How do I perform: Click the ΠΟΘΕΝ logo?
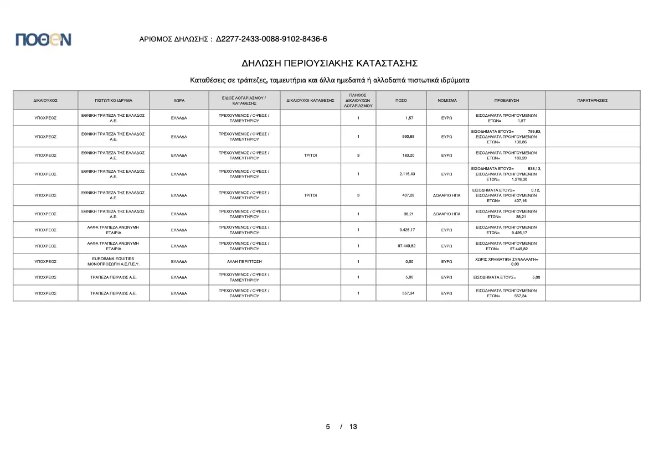click(x=43, y=39)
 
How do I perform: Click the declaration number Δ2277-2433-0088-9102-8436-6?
click(x=271, y=39)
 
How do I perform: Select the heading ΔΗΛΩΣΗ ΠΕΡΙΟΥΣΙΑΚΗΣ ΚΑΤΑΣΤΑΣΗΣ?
click(x=330, y=63)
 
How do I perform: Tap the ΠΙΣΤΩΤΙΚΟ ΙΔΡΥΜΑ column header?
click(x=114, y=100)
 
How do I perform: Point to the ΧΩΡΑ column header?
click(x=179, y=100)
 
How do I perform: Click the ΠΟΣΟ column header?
click(x=402, y=100)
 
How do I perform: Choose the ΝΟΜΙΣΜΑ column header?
click(x=447, y=100)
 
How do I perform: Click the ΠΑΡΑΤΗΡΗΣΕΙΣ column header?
click(x=592, y=100)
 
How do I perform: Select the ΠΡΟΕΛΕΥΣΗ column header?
click(x=506, y=100)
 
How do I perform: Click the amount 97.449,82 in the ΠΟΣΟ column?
click(x=406, y=246)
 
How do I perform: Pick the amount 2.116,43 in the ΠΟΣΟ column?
click(x=406, y=174)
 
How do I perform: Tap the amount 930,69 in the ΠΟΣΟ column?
click(x=408, y=136)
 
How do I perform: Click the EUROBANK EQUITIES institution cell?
click(x=114, y=261)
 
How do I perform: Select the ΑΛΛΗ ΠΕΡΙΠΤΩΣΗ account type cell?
click(x=244, y=261)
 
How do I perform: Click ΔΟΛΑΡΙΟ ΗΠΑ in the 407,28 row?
click(x=447, y=195)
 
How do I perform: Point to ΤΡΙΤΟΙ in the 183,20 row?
click(x=310, y=155)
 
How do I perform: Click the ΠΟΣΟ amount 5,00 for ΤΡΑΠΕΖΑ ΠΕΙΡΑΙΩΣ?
click(x=410, y=277)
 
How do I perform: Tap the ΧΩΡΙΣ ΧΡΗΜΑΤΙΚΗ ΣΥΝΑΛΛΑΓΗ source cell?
click(x=506, y=261)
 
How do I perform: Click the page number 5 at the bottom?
click(x=328, y=427)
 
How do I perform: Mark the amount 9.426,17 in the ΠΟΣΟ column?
click(x=407, y=230)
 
